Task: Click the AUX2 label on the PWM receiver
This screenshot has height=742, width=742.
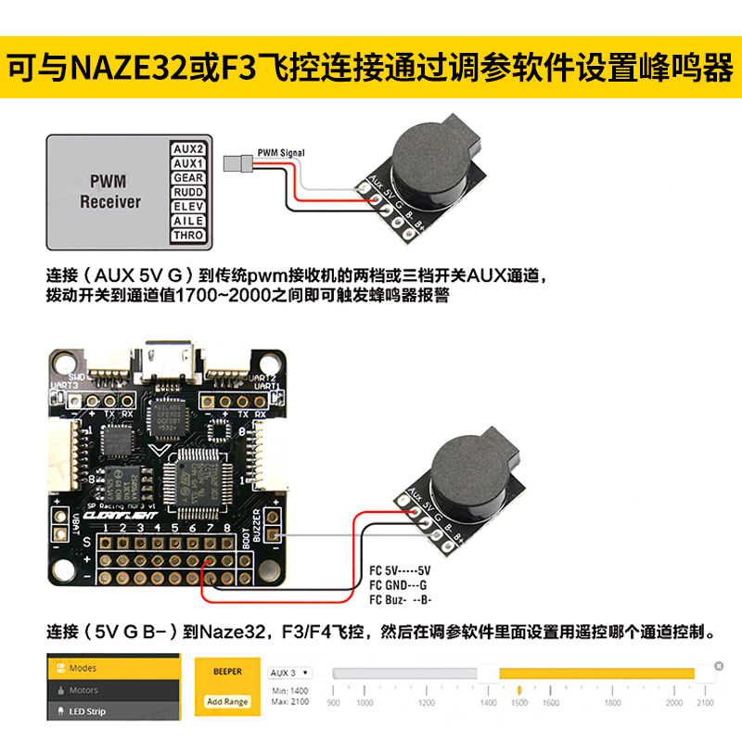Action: click(x=188, y=148)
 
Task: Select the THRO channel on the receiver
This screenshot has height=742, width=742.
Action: click(x=188, y=236)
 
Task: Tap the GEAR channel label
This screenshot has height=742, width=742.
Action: click(x=188, y=177)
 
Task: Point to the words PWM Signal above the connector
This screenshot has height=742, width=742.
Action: click(x=280, y=152)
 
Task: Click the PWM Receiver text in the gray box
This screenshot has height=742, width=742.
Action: click(x=109, y=192)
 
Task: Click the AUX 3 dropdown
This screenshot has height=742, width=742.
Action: click(x=289, y=672)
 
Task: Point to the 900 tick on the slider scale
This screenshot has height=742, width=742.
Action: click(x=333, y=703)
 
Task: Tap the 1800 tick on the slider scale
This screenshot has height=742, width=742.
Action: click(x=611, y=703)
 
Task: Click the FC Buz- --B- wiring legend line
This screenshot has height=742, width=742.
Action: click(x=401, y=599)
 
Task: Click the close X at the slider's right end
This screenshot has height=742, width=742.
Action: click(x=718, y=666)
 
